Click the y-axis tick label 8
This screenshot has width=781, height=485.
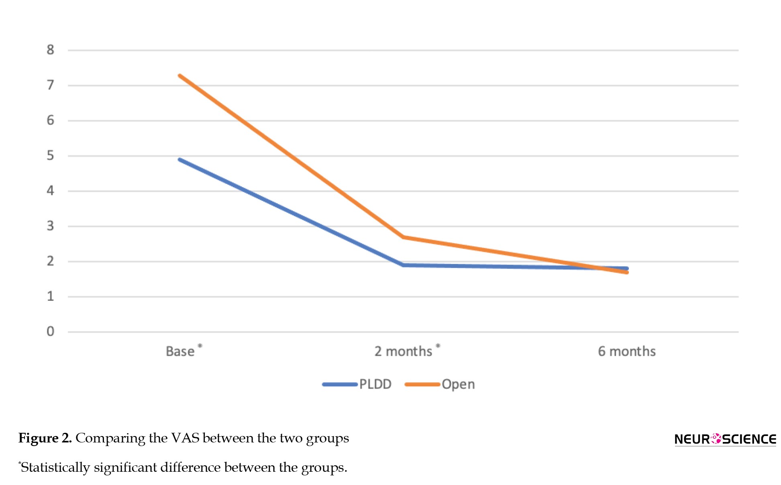coord(50,50)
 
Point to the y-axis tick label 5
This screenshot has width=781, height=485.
coord(50,155)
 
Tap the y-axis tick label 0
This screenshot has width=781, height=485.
coord(50,331)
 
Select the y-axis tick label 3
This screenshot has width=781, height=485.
coord(50,226)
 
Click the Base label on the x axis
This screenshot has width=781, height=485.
coord(180,351)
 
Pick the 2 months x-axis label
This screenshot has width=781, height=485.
coord(403,351)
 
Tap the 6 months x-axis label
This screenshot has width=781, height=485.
coord(626,351)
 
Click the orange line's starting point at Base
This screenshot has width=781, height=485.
coord(179,75)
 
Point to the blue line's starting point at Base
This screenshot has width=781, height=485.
coord(179,159)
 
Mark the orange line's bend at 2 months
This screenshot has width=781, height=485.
coord(403,237)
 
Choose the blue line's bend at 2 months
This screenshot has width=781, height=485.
coord(403,265)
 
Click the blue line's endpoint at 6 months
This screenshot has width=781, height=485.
coord(627,268)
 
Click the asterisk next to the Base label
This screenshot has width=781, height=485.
coord(200,346)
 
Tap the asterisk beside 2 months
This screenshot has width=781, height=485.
coord(438,345)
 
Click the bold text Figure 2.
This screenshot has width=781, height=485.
coord(45,438)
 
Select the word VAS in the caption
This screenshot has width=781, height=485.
coord(186,438)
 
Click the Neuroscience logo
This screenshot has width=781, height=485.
coord(725,439)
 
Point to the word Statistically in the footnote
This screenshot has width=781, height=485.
coord(55,467)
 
